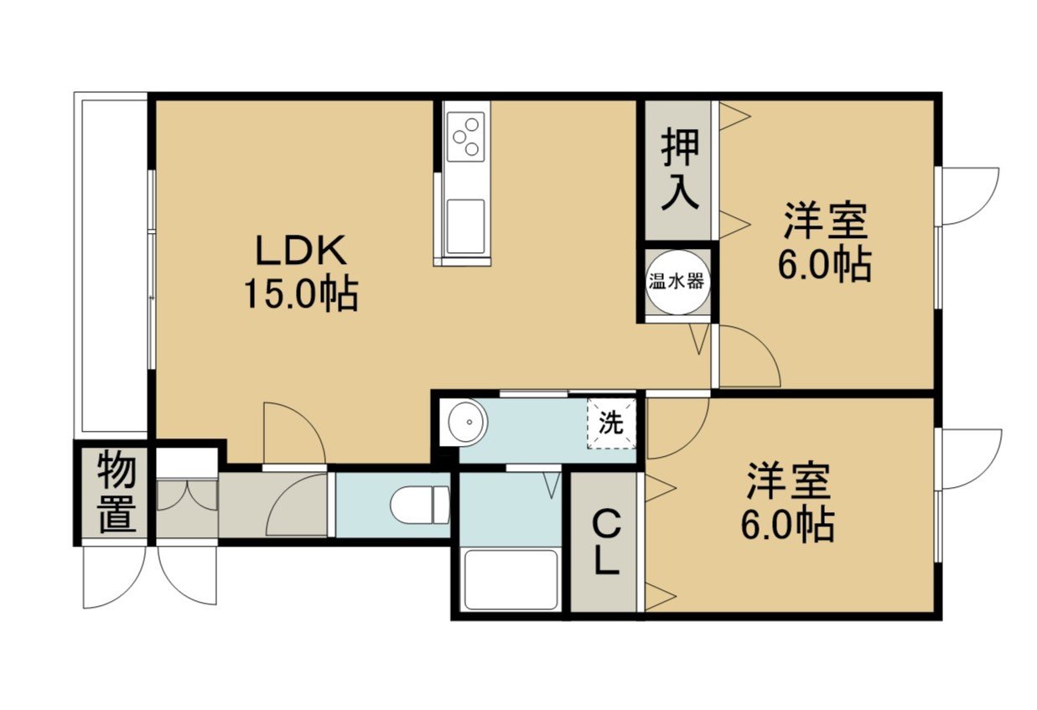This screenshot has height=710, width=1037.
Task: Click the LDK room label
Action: point(301,250)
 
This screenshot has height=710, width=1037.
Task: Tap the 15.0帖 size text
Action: point(301,294)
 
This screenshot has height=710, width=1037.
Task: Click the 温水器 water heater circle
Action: point(676,282)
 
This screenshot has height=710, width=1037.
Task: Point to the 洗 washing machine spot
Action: point(611,422)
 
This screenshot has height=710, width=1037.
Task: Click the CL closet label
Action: point(604,547)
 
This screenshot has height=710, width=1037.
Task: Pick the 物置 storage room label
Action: point(117,493)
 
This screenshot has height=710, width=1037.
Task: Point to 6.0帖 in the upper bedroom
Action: point(825,265)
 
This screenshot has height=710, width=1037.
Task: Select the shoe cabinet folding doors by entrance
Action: point(187,496)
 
